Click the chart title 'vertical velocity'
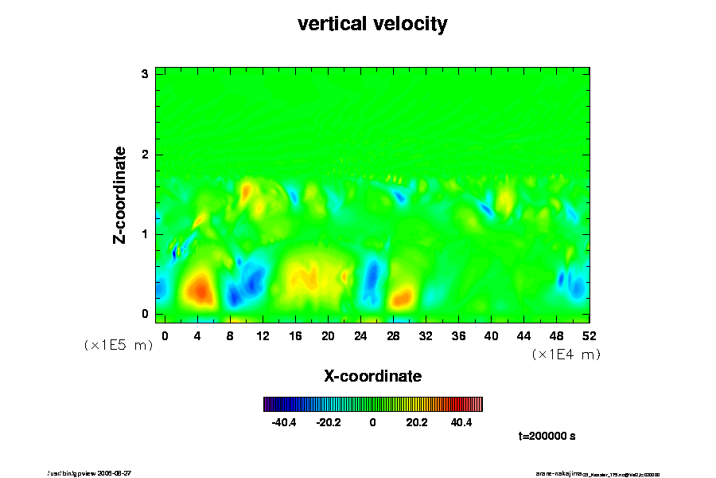click(x=372, y=24)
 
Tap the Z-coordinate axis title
click(x=120, y=194)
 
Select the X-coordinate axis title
click(x=372, y=375)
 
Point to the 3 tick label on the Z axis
click(x=145, y=74)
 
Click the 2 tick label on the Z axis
click(x=145, y=154)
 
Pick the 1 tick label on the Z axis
click(x=145, y=233)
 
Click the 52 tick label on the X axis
click(x=590, y=335)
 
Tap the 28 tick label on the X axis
click(x=393, y=335)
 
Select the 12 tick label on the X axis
click(x=263, y=335)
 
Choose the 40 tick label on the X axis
click(x=491, y=335)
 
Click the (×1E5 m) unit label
click(x=118, y=345)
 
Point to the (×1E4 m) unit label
click(x=566, y=355)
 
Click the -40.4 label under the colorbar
click(x=284, y=422)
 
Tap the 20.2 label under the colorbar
click(x=416, y=422)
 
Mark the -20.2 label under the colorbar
click(x=329, y=422)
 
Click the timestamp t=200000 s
click(x=547, y=436)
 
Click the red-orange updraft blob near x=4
click(x=199, y=288)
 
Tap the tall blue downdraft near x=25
click(x=371, y=280)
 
